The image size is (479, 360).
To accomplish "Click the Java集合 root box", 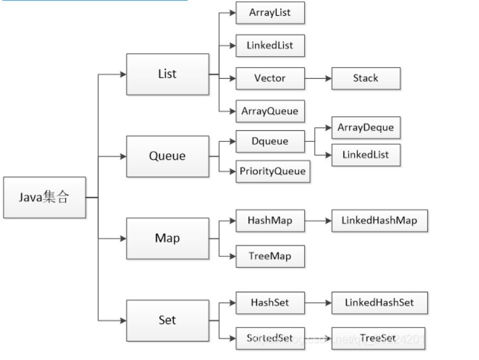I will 45,197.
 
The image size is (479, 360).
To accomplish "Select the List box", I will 167,74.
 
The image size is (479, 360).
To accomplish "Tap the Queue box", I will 167,156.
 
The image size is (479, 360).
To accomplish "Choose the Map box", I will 167,238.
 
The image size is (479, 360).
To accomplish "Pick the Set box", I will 167,320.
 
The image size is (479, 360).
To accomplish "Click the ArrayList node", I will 270,13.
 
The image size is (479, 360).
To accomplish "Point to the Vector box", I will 270,78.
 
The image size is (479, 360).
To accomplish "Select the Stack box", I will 365,78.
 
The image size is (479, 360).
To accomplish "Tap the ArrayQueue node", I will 270,111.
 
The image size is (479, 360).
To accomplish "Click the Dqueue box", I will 270,141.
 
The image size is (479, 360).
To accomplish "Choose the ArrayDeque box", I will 365,128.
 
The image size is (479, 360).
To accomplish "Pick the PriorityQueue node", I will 272,171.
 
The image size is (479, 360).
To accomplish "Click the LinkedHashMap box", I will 379,221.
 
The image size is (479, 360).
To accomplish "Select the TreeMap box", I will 270,256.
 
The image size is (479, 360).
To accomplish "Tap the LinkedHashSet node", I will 379,303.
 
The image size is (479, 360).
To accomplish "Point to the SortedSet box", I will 270,338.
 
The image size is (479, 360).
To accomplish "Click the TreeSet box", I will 378,338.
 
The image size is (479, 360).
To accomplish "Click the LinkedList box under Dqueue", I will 365,155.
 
